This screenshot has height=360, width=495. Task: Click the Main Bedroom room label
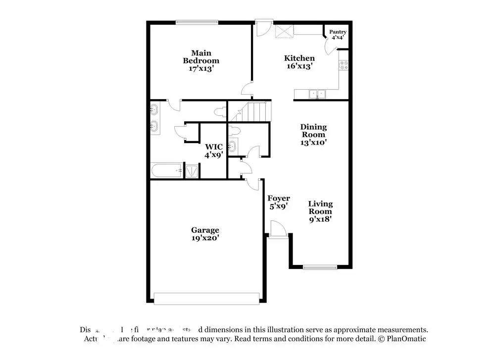(x=201, y=57)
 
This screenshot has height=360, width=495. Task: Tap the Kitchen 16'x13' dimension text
(x=299, y=66)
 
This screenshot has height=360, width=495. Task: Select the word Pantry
(x=338, y=32)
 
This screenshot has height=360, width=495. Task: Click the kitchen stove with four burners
(x=344, y=64)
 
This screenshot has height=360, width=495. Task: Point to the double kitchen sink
(x=315, y=93)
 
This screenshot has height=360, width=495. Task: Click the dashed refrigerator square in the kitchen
(x=284, y=31)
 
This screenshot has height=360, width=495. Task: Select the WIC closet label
(x=214, y=147)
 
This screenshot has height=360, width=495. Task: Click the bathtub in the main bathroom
(x=166, y=171)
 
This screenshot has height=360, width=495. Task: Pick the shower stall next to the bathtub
(x=191, y=170)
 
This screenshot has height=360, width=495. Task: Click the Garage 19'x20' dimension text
(x=205, y=238)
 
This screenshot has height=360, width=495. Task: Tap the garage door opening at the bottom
(x=206, y=298)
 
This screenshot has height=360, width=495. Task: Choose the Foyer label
(x=279, y=199)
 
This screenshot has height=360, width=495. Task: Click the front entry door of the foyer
(x=278, y=231)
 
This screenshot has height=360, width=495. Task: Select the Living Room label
(x=320, y=207)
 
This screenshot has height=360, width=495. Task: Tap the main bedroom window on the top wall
(x=197, y=22)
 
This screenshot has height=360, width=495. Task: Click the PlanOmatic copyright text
(x=402, y=339)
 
